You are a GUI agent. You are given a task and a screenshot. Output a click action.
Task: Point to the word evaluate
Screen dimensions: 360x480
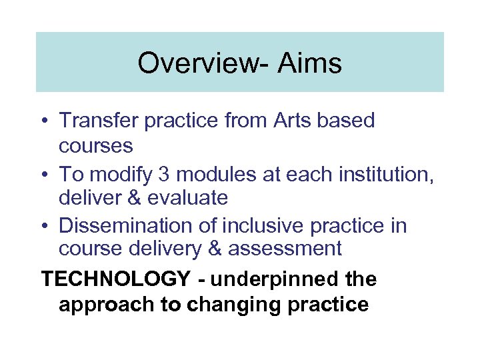point(191,198)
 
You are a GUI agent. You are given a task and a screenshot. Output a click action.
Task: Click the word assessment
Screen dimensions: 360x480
point(285,249)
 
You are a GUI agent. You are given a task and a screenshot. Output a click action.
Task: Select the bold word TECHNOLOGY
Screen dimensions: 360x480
point(117,279)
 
